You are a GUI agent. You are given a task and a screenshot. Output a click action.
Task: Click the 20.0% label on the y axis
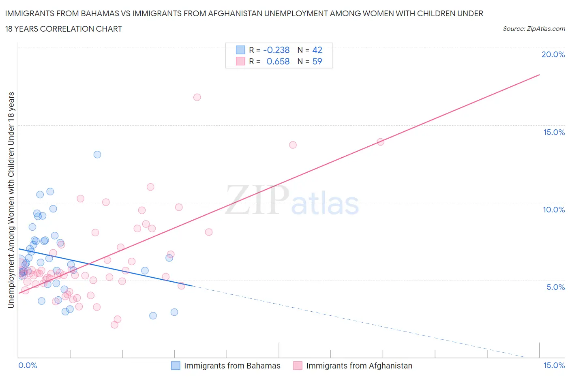coord(553,54)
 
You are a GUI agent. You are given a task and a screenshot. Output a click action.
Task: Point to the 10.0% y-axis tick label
coord(554,210)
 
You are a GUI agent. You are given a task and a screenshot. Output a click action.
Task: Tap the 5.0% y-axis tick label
coord(555,287)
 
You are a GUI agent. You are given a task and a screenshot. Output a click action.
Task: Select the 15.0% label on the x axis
coord(554,365)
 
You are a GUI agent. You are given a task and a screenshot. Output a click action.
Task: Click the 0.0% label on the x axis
coord(28,365)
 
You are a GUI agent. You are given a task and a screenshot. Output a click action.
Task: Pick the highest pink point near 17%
coord(197,97)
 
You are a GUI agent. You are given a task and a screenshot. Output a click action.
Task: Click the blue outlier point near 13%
coord(97,154)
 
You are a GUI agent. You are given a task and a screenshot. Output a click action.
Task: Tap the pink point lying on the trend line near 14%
coord(380,142)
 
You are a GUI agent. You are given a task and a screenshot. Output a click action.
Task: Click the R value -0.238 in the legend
coord(276,50)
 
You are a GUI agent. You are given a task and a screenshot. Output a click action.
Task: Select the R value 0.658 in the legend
coord(278,61)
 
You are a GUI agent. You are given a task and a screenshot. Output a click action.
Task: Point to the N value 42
coord(317,50)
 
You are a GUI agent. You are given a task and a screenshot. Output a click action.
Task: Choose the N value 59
coord(317,61)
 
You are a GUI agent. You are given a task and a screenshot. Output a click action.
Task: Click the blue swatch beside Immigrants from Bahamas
coord(176,366)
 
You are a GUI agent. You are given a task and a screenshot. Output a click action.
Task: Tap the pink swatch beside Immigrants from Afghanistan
coord(298,366)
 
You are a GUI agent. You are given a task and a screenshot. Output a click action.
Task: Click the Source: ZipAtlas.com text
coord(534,28)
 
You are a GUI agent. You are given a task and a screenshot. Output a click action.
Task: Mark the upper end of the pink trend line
coord(540,75)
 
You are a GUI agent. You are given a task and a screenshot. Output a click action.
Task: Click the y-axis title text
coord(11,200)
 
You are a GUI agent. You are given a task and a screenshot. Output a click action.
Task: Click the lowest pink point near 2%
coord(114,325)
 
